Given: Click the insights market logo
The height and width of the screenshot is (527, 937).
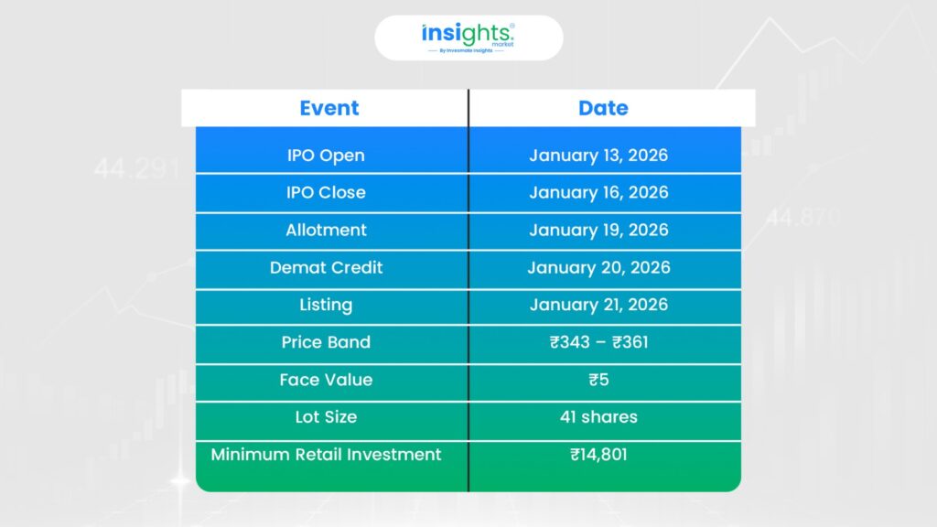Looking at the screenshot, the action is click(x=468, y=38).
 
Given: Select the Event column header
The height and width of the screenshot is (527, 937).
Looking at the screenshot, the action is click(x=329, y=108).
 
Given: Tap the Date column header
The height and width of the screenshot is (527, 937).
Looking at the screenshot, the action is click(x=603, y=108).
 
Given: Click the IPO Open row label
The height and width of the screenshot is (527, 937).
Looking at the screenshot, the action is click(x=326, y=156).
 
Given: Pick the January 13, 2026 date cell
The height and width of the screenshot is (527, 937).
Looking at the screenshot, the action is click(x=598, y=156).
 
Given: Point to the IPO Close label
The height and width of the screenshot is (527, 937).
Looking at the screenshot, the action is click(x=326, y=192).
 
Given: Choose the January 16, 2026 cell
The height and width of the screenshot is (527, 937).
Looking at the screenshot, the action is click(x=598, y=192).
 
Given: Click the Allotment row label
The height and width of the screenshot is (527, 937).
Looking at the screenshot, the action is click(x=326, y=230).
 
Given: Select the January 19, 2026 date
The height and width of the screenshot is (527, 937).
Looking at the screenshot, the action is click(x=598, y=230).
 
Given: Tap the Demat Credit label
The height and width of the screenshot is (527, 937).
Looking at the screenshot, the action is click(x=326, y=267).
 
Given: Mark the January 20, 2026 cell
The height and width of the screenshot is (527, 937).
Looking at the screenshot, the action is click(x=598, y=267).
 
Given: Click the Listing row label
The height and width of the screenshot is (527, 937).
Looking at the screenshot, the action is click(x=326, y=305).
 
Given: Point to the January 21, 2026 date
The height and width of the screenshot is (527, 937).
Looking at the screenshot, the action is click(x=598, y=305).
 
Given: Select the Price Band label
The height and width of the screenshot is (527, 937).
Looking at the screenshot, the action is click(x=326, y=342).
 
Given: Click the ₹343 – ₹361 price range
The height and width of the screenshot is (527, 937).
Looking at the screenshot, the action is click(x=598, y=342).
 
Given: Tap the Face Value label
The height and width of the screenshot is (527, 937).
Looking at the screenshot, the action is click(x=326, y=380).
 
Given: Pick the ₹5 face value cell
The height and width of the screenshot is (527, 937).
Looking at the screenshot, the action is click(x=598, y=380).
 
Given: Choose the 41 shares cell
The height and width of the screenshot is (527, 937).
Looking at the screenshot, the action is click(x=598, y=416).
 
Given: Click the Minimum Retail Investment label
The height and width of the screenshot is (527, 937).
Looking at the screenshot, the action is click(x=326, y=454).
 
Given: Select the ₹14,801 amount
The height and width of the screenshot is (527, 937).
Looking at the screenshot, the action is click(x=598, y=455).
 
